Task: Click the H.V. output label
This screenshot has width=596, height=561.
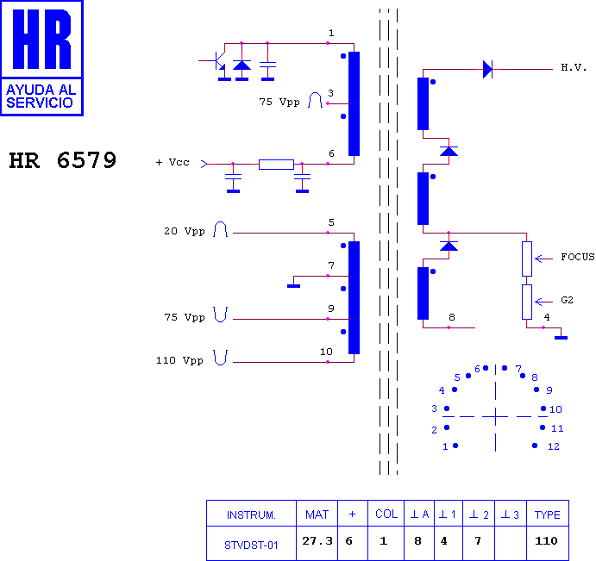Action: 574,67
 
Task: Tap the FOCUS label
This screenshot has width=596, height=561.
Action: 578,257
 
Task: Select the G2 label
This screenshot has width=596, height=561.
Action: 567,300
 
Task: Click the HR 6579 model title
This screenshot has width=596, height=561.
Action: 62,160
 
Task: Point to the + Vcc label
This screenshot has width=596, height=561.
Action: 173,163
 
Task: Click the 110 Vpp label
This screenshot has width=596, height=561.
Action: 179,360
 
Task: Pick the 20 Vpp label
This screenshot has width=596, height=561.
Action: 185,231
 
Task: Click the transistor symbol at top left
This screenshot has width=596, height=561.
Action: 216,61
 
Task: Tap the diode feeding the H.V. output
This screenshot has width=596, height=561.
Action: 487,70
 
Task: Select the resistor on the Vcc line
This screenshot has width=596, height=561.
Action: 276,165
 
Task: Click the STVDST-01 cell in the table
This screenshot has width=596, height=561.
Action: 251,545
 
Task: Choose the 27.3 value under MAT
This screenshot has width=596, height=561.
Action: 317,540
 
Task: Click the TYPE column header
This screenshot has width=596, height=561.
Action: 548,514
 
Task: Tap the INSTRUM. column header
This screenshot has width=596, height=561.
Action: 251,514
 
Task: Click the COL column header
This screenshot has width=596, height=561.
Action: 386,514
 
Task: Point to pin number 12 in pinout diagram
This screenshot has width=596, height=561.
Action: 554,446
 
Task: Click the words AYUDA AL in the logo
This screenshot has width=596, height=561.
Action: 41,90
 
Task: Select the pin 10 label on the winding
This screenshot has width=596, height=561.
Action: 326,352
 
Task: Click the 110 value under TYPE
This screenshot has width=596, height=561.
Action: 546,540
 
